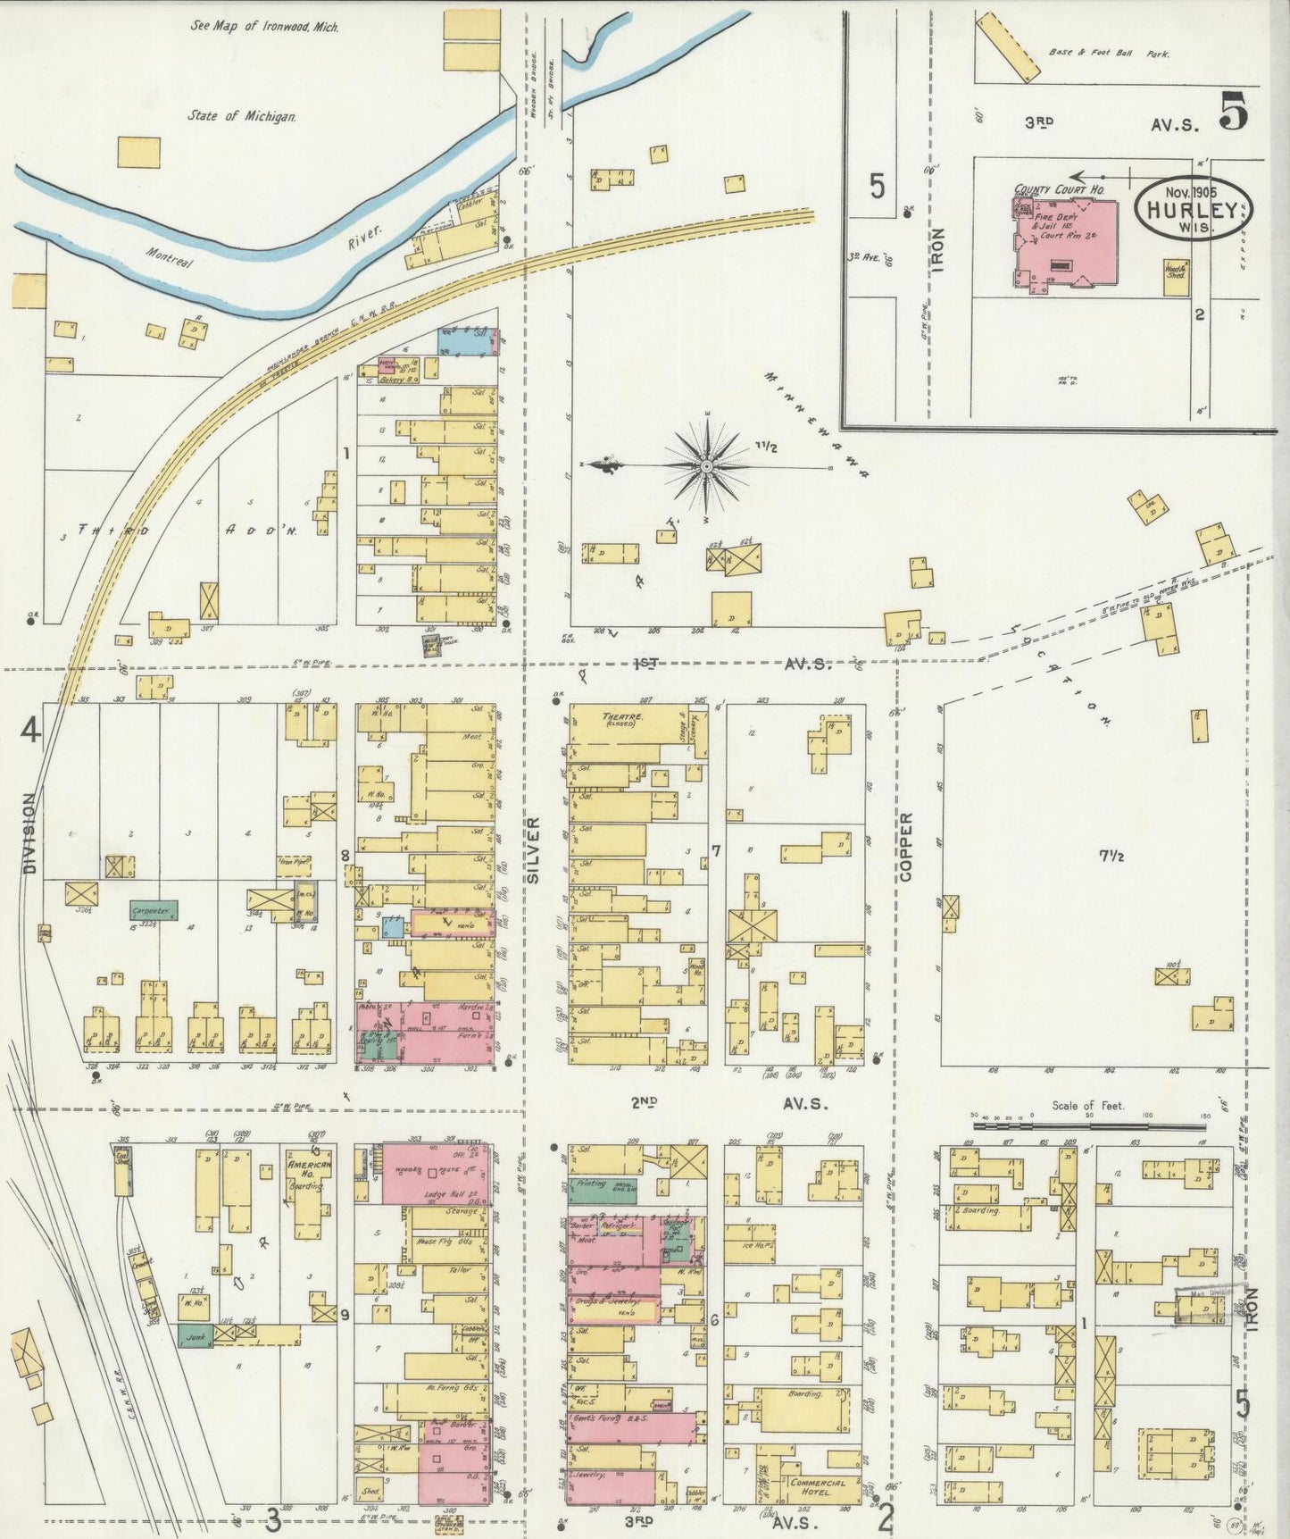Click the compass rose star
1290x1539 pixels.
pos(707,465)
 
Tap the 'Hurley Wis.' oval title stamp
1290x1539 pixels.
pos(1193,206)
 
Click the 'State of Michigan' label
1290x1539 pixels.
pos(242,116)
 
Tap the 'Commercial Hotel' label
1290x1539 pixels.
pos(816,1486)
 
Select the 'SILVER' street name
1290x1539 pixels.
pos(533,851)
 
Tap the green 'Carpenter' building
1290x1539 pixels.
pos(154,910)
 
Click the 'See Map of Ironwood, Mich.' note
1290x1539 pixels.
pos(253,26)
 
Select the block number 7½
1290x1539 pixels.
pos(1110,856)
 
